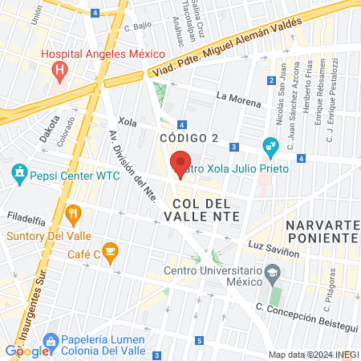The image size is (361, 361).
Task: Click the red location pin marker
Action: click(181, 164)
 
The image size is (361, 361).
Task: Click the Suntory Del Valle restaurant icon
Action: click(74, 213)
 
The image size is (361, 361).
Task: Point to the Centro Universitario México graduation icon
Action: click(274, 274)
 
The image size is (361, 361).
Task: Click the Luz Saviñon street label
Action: click(275, 243)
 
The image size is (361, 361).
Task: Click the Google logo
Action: click(26, 351)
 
